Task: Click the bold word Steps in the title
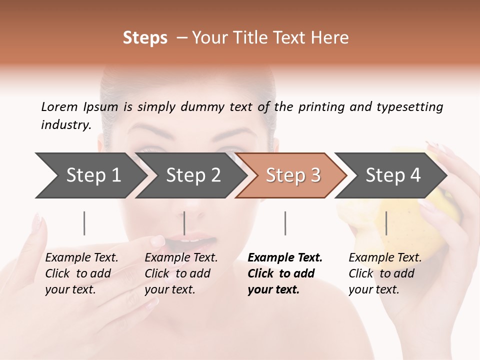(x=145, y=38)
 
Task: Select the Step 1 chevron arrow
(x=90, y=175)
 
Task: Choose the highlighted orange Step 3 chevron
(x=291, y=175)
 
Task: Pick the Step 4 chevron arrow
(x=391, y=175)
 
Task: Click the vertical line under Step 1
(x=84, y=223)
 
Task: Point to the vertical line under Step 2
(x=184, y=223)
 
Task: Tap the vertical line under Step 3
(x=285, y=223)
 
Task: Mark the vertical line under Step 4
(x=386, y=223)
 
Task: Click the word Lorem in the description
(x=59, y=107)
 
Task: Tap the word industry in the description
(x=65, y=125)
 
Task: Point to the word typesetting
(x=409, y=107)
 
